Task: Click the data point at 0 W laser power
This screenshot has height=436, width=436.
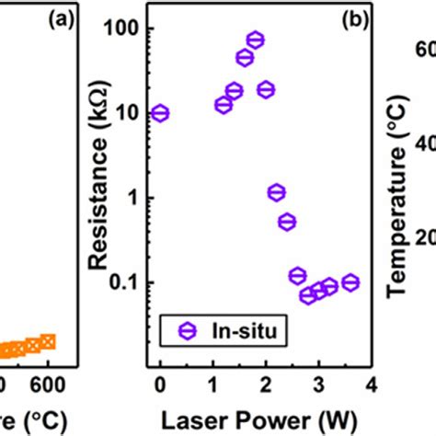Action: [160, 113]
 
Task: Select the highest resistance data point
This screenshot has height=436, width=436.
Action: [256, 40]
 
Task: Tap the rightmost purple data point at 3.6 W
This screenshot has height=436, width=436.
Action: [350, 282]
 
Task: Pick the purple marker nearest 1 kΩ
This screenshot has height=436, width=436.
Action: [276, 192]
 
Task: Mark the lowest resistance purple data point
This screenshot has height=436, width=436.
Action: [308, 295]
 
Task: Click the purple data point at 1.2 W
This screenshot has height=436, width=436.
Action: [224, 105]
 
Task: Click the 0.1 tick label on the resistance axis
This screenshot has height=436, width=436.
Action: [123, 282]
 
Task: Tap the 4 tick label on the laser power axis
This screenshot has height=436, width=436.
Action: [371, 382]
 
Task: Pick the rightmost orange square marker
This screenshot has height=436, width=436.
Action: [48, 341]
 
